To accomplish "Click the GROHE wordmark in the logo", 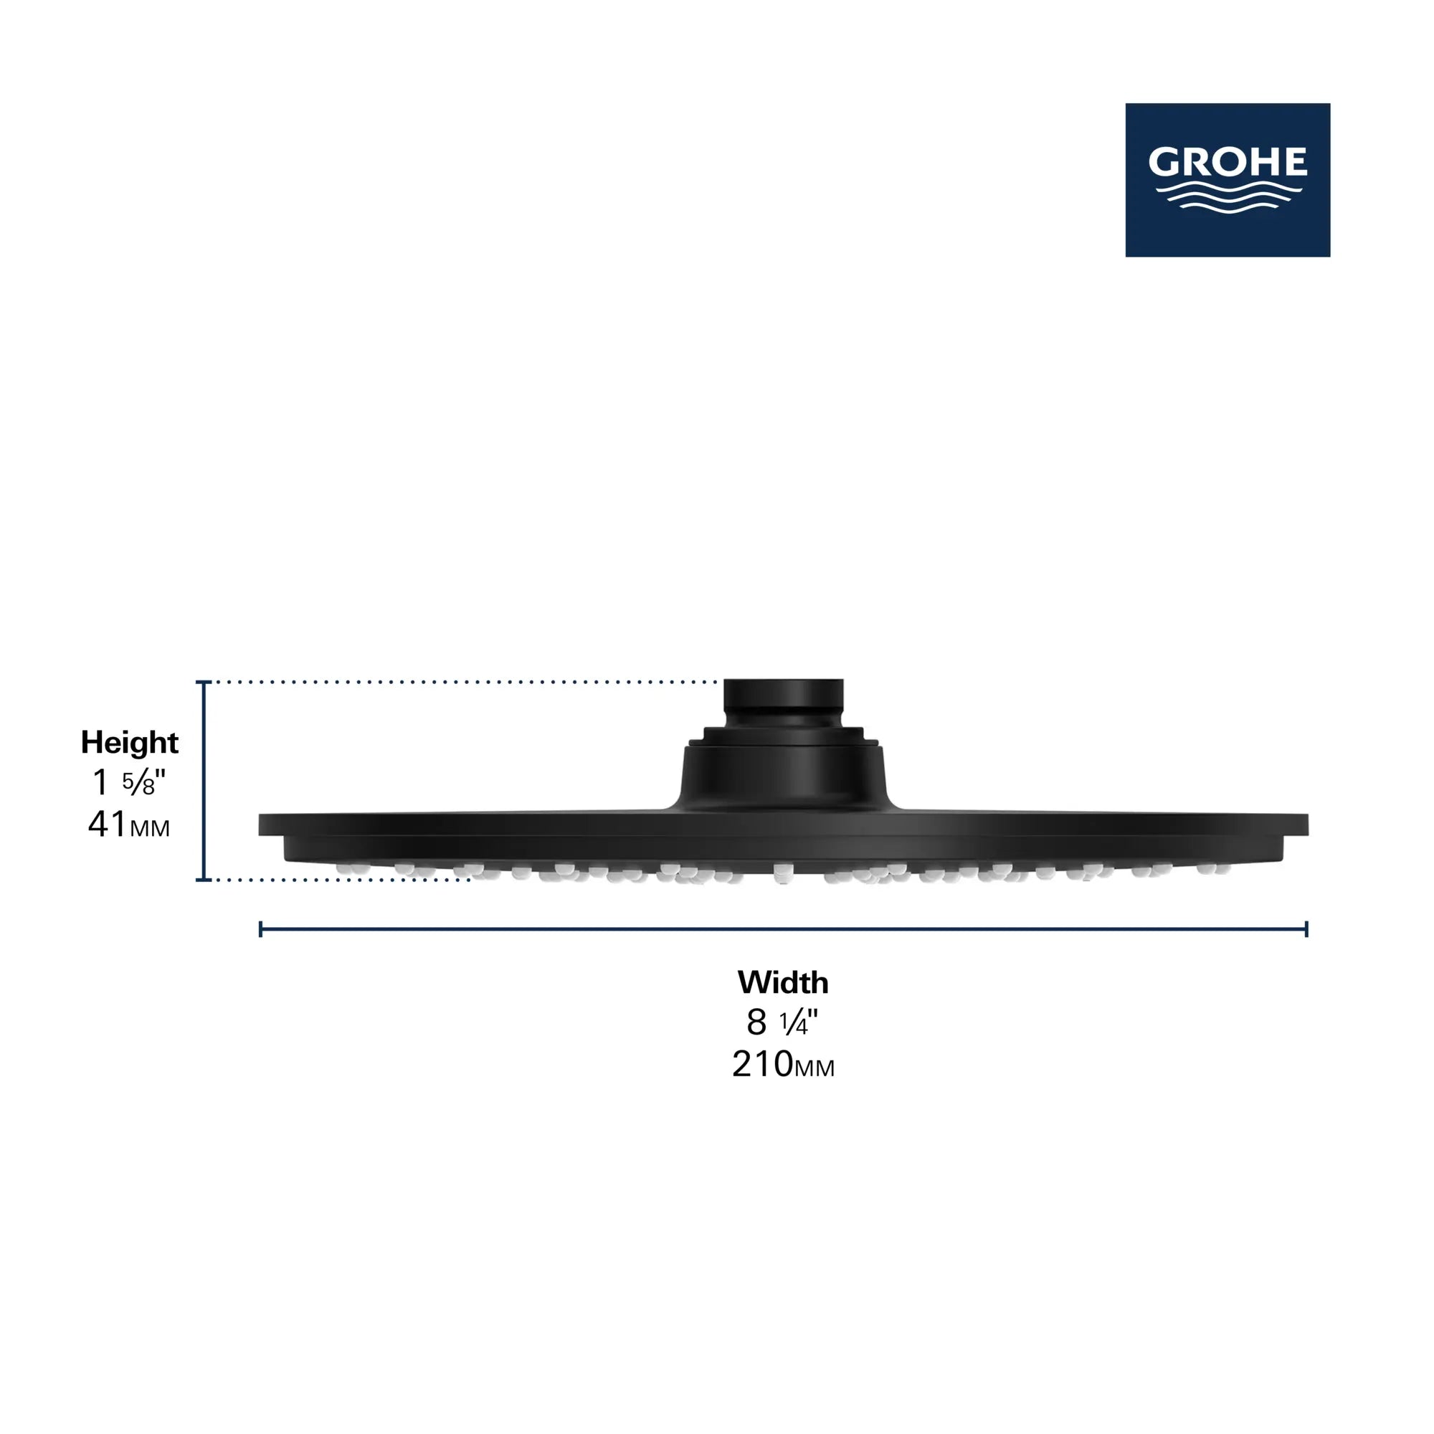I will pyautogui.click(x=1228, y=161).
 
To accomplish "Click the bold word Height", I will pyautogui.click(x=129, y=742).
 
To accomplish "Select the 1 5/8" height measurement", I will pyautogui.click(x=128, y=782).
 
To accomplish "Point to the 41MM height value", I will pyautogui.click(x=128, y=825).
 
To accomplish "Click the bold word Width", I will pyautogui.click(x=783, y=982).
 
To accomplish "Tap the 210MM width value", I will pyautogui.click(x=783, y=1064).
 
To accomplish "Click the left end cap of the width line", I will pyautogui.click(x=260, y=929).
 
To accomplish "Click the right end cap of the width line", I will pyautogui.click(x=1306, y=929).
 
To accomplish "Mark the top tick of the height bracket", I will pyautogui.click(x=204, y=681).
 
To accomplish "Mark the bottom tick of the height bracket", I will pyautogui.click(x=204, y=880).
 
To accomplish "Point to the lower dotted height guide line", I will pyautogui.click(x=341, y=880).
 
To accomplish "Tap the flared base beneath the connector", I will pyautogui.click(x=783, y=776).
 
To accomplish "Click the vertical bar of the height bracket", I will pyautogui.click(x=204, y=779).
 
